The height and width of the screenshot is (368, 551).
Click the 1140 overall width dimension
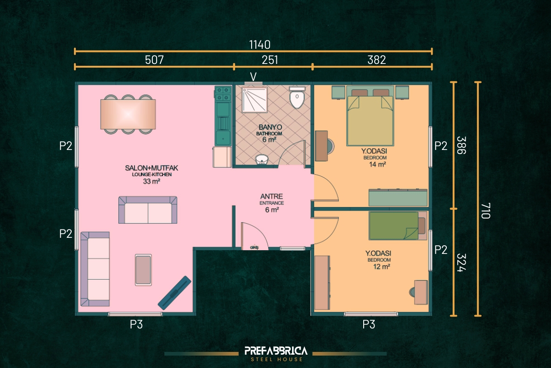pyautogui.click(x=260, y=45)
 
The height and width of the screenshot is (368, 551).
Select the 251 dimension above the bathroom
pyautogui.click(x=270, y=60)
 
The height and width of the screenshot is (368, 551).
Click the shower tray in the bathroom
pyautogui.click(x=254, y=99)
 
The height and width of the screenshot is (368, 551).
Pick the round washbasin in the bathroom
pyautogui.click(x=261, y=160)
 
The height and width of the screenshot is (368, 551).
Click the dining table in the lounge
pyautogui.click(x=128, y=114)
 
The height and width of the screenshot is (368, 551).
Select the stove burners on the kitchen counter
pyautogui.click(x=223, y=94)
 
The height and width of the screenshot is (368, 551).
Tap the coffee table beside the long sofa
pyautogui.click(x=143, y=270)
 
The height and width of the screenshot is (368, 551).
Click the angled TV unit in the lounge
pyautogui.click(x=174, y=293)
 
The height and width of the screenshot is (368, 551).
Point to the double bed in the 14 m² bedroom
pyautogui.click(x=370, y=116)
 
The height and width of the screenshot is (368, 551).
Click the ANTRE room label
pyautogui.click(x=271, y=196)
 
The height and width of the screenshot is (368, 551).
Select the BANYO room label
pyautogui.click(x=270, y=127)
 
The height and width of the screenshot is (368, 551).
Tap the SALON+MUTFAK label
pyautogui.click(x=152, y=168)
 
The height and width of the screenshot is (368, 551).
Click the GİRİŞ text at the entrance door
pyautogui.click(x=254, y=247)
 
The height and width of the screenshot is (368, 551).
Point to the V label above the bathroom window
pyautogui.click(x=253, y=77)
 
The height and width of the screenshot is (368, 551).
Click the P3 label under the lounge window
pyautogui.click(x=136, y=324)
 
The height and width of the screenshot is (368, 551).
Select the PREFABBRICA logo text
pyautogui.click(x=276, y=351)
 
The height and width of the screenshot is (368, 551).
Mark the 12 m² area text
pyautogui.click(x=382, y=266)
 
